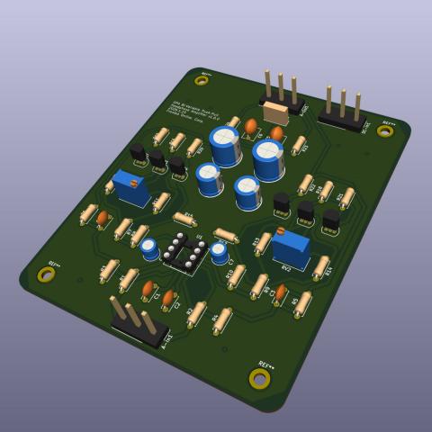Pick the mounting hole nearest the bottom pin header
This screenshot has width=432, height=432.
click(x=46, y=274)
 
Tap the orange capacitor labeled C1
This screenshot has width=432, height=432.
click(x=148, y=289)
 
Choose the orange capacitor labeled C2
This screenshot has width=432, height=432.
click(x=168, y=299)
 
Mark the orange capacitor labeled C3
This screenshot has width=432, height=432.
click(x=281, y=292)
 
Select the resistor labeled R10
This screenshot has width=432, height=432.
click(x=236, y=275)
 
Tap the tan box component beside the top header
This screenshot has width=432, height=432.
click(x=275, y=113)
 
